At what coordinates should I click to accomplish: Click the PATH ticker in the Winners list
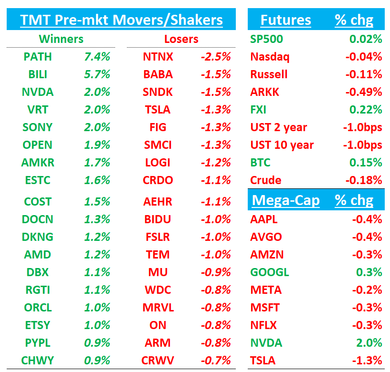[37, 57]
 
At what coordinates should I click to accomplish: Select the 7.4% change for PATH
[97, 57]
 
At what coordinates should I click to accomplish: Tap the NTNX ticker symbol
[158, 57]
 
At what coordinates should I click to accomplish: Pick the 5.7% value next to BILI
[97, 74]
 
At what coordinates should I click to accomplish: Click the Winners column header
[61, 39]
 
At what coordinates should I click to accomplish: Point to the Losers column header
[181, 39]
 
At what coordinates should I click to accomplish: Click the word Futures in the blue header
[285, 20]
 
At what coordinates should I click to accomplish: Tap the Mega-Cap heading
[285, 200]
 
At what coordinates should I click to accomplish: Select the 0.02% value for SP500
[366, 39]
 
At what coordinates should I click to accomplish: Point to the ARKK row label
[264, 92]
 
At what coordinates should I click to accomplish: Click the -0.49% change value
[364, 92]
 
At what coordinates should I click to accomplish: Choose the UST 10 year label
[282, 145]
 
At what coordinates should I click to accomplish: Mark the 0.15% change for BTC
[366, 163]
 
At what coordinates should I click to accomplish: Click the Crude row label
[265, 180]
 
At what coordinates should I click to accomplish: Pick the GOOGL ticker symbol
[269, 272]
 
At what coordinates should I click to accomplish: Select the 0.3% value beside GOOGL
[370, 272]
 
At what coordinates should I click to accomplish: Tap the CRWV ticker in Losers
[158, 361]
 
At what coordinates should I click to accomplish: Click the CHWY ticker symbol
[37, 361]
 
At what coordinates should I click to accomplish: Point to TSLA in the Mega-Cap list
[264, 361]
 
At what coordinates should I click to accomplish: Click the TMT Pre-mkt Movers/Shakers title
[121, 20]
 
